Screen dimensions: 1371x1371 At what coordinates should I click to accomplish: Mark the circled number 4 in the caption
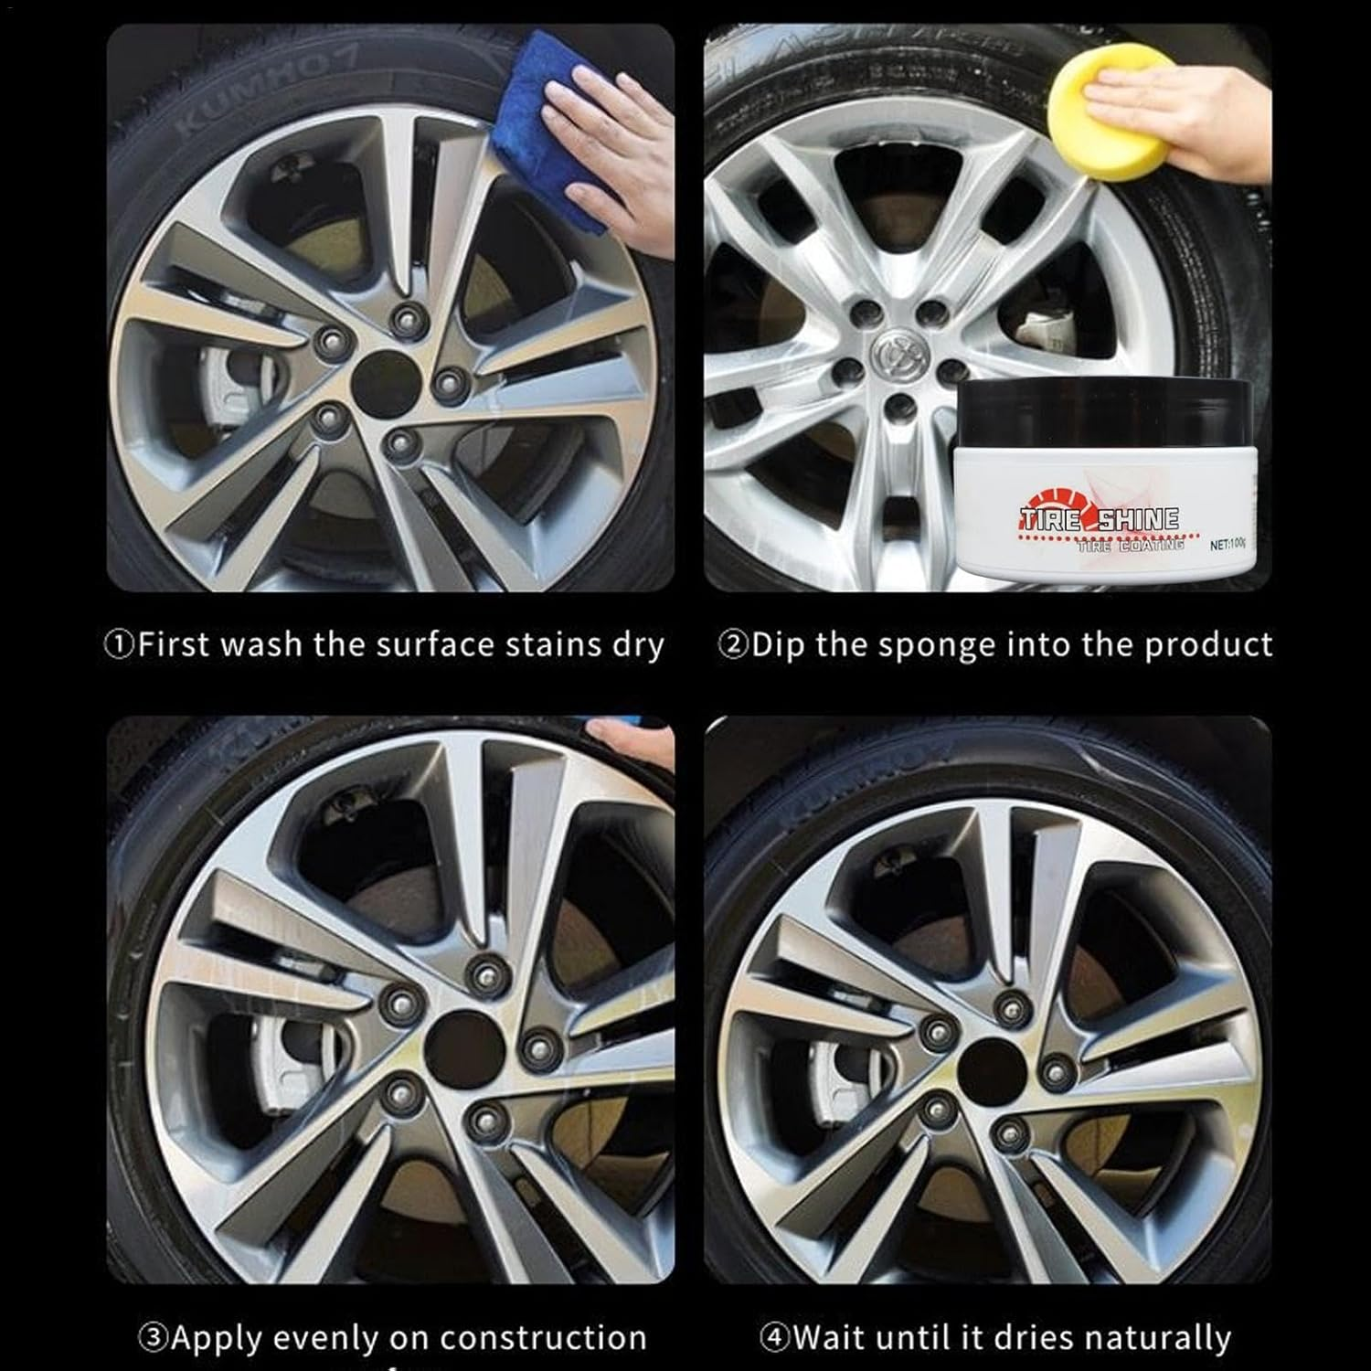(773, 1338)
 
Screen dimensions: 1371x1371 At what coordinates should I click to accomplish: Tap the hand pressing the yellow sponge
(1197, 101)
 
